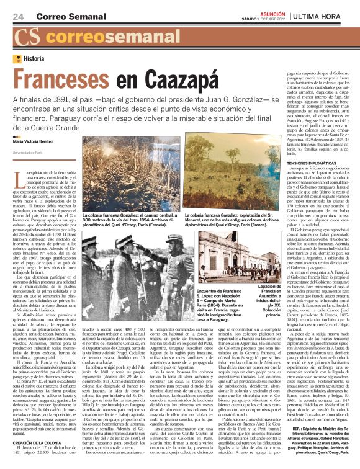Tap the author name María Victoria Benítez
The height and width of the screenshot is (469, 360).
click(37, 143)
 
